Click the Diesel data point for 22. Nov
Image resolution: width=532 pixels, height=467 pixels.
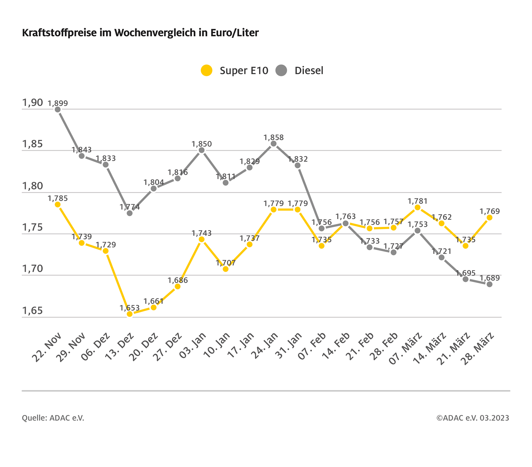pos(58,110)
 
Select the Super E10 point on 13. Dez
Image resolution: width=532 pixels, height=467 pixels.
pos(130,314)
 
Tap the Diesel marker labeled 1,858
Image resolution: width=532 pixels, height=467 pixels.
pos(274,144)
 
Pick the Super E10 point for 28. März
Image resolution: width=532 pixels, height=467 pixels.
pos(489,218)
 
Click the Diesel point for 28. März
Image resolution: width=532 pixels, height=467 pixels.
pos(489,284)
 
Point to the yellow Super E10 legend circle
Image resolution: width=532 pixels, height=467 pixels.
pos(207,70)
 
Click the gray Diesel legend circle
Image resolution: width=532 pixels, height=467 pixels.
pos(281,70)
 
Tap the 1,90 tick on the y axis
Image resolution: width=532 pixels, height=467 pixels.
pos(33,103)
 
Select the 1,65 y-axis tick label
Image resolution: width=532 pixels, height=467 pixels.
pos(33,311)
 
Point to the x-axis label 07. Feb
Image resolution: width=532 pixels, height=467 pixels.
pos(312,346)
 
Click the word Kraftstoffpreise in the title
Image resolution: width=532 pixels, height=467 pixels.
pos(59,33)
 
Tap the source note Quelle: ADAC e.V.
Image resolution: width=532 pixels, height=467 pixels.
pos(53,418)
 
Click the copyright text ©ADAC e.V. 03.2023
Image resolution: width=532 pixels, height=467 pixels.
pos(473,418)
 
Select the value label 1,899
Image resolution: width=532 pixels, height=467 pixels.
pos(58,103)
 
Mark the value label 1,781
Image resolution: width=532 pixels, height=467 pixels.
pos(417,201)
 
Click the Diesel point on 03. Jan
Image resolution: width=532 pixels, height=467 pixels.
pos(201,150)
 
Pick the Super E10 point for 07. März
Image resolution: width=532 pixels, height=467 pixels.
pos(417,208)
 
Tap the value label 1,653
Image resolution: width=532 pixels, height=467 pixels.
pos(130,308)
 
